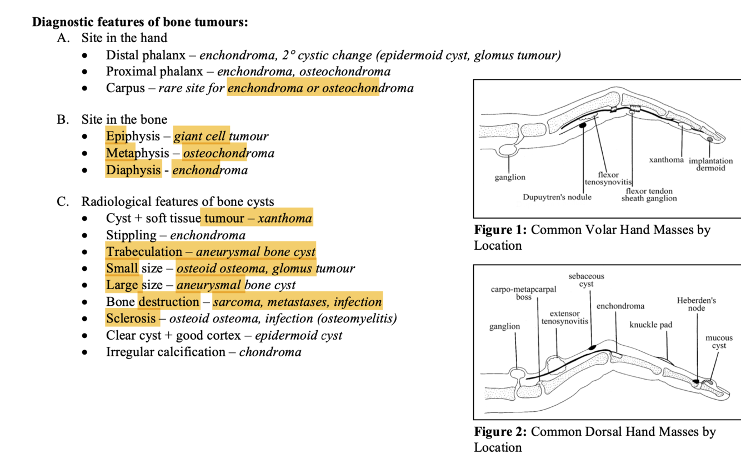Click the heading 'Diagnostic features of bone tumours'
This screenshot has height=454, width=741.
(x=140, y=22)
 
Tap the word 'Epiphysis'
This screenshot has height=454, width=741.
(x=133, y=136)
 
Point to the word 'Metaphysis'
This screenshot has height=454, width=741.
(x=137, y=153)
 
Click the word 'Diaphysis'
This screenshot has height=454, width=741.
(x=133, y=170)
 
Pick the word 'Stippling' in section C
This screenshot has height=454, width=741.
(x=131, y=235)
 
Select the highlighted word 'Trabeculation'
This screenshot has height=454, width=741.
(x=144, y=252)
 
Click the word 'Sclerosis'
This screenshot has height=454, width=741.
(x=131, y=319)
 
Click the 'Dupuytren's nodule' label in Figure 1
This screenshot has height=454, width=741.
(x=557, y=197)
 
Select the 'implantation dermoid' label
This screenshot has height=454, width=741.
(x=710, y=165)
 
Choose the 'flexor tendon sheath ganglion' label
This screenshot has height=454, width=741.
(x=649, y=195)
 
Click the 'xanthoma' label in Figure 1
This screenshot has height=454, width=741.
(x=666, y=160)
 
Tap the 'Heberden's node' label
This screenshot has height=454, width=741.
(x=696, y=304)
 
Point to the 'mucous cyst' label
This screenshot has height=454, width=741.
(x=719, y=341)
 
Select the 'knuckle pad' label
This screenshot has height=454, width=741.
(x=650, y=325)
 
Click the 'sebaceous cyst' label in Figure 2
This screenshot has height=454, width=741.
(x=586, y=280)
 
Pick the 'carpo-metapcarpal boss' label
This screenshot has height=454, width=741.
(x=523, y=293)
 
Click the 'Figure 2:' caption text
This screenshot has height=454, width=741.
(x=501, y=432)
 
